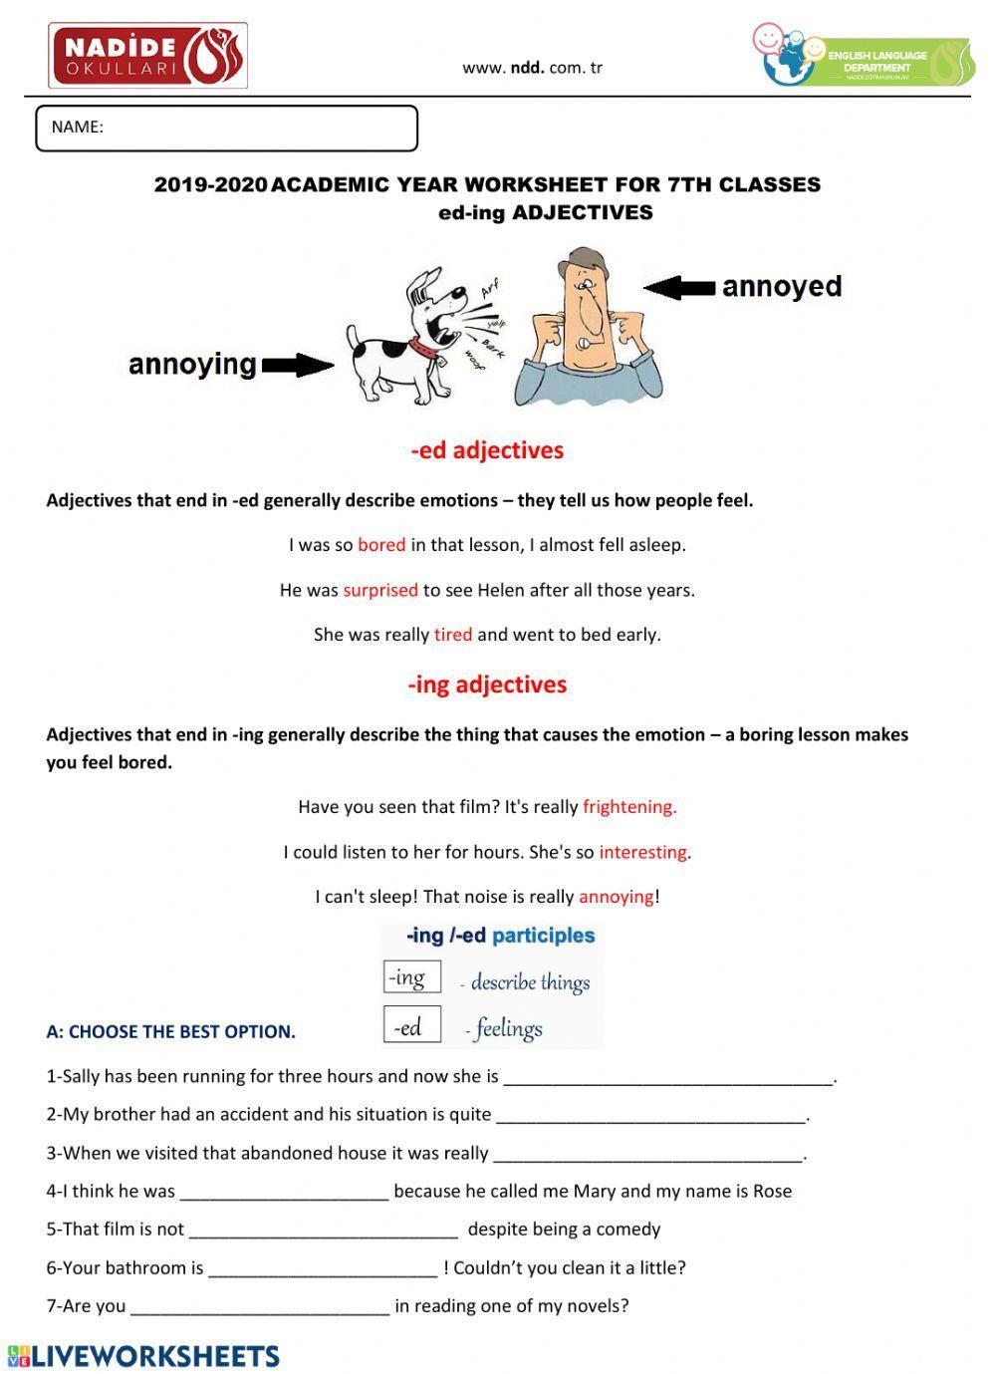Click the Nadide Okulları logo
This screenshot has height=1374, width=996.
[147, 57]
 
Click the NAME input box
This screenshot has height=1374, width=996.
[226, 129]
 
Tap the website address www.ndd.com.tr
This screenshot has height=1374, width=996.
[532, 68]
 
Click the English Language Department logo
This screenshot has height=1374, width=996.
[863, 57]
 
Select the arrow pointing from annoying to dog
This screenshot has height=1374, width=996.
[298, 366]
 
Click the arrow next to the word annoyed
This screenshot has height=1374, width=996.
[679, 288]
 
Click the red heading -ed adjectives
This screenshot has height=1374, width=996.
[487, 450]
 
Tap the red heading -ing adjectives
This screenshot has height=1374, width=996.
[487, 685]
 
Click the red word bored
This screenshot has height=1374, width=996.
[381, 545]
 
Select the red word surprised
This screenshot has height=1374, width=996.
[380, 590]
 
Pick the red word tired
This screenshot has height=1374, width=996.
[453, 635]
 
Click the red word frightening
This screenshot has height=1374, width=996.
[629, 807]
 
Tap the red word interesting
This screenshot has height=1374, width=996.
[643, 852]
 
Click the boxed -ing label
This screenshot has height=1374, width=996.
[411, 977]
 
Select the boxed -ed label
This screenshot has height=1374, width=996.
[411, 1025]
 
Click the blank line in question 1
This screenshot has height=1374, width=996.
[667, 1077]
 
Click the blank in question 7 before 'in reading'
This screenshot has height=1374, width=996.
[260, 1306]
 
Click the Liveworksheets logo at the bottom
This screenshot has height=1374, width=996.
[144, 1356]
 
